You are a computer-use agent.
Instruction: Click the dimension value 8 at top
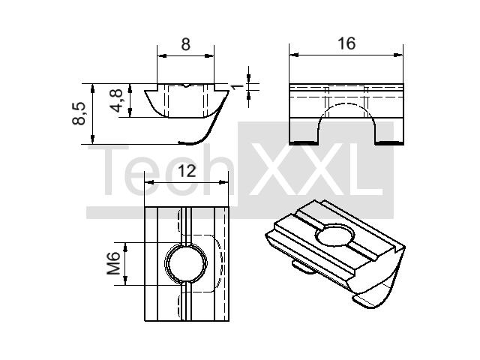(185, 44)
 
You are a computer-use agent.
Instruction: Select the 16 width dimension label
(346, 43)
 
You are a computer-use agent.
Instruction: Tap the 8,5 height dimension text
(79, 113)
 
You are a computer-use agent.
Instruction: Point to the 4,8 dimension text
(117, 101)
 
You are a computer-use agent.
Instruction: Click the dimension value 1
(237, 86)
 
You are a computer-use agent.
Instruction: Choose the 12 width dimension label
(187, 171)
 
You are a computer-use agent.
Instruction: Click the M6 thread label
(113, 263)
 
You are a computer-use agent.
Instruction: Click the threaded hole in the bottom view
(186, 263)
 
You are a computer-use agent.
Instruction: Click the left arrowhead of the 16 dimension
(294, 55)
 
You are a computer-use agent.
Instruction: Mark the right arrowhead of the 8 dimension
(209, 55)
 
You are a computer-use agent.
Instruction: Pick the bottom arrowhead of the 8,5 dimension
(93, 139)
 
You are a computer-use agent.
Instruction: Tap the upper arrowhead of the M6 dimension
(125, 247)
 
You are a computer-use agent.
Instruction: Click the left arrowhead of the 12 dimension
(149, 182)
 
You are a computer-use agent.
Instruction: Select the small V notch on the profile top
(186, 85)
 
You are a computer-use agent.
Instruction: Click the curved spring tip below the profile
(184, 142)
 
